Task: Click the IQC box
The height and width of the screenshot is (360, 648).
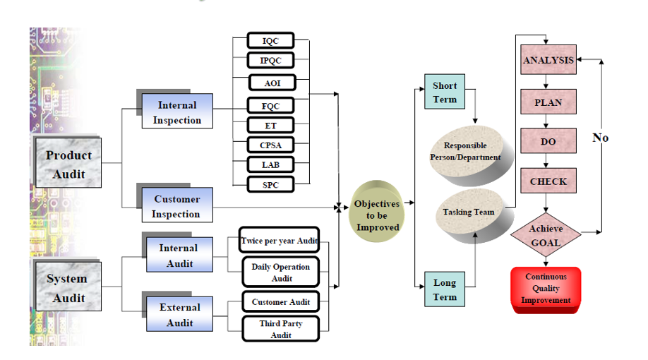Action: coord(270,41)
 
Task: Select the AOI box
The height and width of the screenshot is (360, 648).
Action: coord(272,83)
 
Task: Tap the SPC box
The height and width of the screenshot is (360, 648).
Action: coord(270,184)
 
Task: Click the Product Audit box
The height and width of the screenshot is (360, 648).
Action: coord(68,164)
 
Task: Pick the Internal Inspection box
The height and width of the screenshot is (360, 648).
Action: coord(177,112)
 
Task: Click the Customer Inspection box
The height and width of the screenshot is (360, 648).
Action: coord(176,206)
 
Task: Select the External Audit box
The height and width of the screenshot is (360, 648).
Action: coord(179,314)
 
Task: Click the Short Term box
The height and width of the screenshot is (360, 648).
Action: coord(445,92)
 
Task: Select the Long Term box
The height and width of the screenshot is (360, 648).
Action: coord(445,289)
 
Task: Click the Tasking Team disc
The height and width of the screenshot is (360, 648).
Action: coord(468,212)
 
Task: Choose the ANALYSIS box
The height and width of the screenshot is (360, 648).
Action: coord(548,61)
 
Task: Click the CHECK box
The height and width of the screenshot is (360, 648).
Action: coord(548,181)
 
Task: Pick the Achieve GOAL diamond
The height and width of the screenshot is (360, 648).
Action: coord(546,236)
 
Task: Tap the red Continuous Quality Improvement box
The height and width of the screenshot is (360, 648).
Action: coord(546,288)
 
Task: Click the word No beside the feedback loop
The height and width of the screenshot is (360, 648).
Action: coord(600,138)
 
